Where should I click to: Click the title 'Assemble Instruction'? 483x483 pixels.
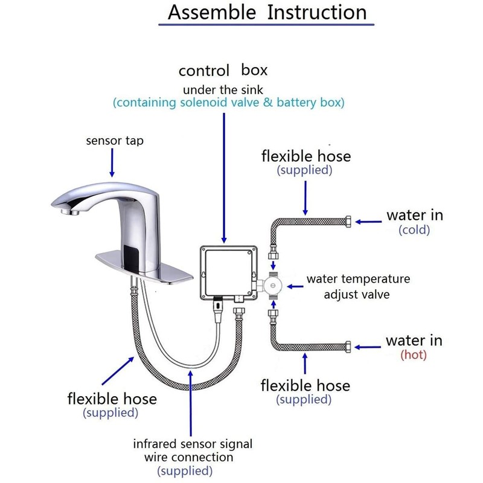click(267, 12)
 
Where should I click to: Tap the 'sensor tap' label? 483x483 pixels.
click(115, 141)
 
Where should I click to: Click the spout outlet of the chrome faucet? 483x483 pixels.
click(70, 212)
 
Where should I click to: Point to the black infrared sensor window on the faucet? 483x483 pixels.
click(132, 255)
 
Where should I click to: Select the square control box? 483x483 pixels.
click(229, 273)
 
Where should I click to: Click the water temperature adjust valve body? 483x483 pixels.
click(273, 286)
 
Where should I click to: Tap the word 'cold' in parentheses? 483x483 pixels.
click(414, 229)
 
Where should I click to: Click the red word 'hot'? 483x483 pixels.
click(414, 354)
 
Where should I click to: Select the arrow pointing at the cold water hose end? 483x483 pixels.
click(368, 222)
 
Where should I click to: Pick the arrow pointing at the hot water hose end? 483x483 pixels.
click(368, 347)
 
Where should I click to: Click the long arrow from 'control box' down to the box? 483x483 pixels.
click(224, 178)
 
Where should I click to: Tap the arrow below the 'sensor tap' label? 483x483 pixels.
click(112, 162)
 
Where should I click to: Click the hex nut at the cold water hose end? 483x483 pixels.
click(348, 222)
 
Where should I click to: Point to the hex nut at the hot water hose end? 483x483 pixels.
click(348, 347)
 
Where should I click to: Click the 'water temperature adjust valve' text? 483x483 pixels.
click(358, 286)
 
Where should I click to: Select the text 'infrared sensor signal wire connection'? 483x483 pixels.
click(193, 450)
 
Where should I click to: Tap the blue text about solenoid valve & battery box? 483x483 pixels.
click(229, 103)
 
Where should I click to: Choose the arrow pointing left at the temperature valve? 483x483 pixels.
click(295, 286)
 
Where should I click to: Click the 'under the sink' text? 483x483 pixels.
click(223, 90)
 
